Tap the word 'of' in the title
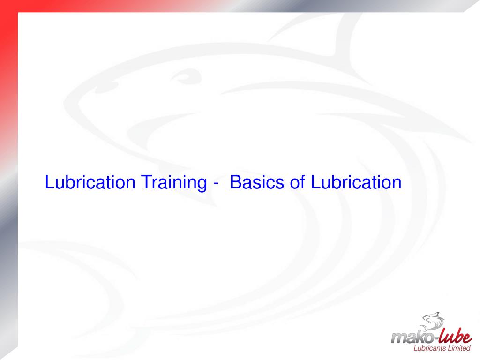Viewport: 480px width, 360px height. (x=298, y=182)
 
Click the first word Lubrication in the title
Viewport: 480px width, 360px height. (x=90, y=182)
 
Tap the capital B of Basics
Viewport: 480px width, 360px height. (x=235, y=182)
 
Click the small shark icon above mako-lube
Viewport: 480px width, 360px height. (x=432, y=322)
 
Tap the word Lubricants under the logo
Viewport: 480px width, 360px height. (x=427, y=348)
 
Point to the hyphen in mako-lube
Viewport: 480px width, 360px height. (x=432, y=336)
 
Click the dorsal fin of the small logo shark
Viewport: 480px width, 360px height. (x=436, y=313)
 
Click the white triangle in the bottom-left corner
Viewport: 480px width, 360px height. (x=8, y=353)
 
